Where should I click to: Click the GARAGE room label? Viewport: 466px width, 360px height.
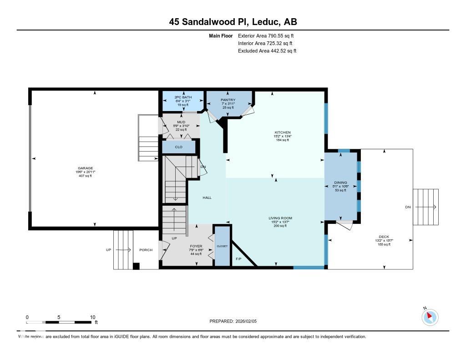tap(85, 168)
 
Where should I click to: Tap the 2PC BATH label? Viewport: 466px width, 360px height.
tap(183, 97)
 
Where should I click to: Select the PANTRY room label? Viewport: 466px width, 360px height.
tap(228, 100)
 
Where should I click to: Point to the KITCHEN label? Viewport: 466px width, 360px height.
tap(282, 132)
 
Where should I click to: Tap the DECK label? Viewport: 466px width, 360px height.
tap(385, 237)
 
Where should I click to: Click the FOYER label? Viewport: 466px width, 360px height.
tap(196, 246)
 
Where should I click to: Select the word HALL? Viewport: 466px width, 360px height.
tap(207, 198)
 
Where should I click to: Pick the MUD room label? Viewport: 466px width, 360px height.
tap(181, 122)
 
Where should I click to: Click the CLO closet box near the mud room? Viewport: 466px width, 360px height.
tap(179, 147)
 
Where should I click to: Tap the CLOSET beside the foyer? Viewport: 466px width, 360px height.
tap(222, 246)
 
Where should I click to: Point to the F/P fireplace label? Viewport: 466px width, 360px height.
tap(238, 259)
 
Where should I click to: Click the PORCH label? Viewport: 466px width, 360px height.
tap(146, 250)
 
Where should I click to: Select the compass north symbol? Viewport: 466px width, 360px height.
tap(430, 316)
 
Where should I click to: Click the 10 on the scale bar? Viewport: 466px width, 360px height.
tap(92, 317)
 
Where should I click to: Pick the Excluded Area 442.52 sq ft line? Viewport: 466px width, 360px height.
tap(267, 51)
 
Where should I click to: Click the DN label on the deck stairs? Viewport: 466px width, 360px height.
tap(408, 207)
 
